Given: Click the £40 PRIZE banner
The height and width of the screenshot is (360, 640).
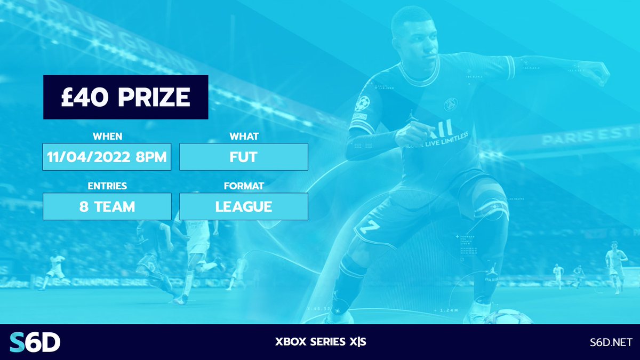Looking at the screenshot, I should coord(125,97).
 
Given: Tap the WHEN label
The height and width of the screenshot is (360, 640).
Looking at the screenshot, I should coord(107,137).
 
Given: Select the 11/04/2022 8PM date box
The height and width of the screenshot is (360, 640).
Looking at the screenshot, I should coord(107,157).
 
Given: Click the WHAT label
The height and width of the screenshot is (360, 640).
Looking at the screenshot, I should coord(244,137).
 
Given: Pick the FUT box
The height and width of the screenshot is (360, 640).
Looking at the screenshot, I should coord(244,157).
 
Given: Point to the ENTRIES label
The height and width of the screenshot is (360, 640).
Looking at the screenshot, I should coord(107,186).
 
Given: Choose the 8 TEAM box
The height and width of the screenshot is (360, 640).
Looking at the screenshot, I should coord(107,206).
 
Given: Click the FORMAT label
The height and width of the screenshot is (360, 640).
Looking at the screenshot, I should coord(244,186).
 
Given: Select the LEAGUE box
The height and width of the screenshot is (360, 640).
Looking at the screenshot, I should coord(244,206).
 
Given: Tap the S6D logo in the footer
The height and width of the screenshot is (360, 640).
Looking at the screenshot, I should coord(35,342).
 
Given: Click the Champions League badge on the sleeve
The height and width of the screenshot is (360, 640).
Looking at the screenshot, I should coord(362,102).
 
